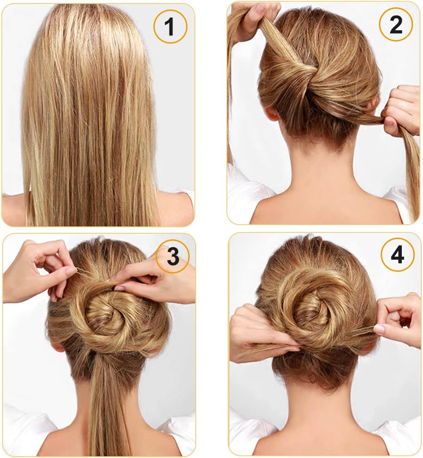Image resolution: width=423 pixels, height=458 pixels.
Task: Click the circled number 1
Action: [x=170, y=26]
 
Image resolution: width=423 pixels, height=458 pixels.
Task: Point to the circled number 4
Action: [x=397, y=255]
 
